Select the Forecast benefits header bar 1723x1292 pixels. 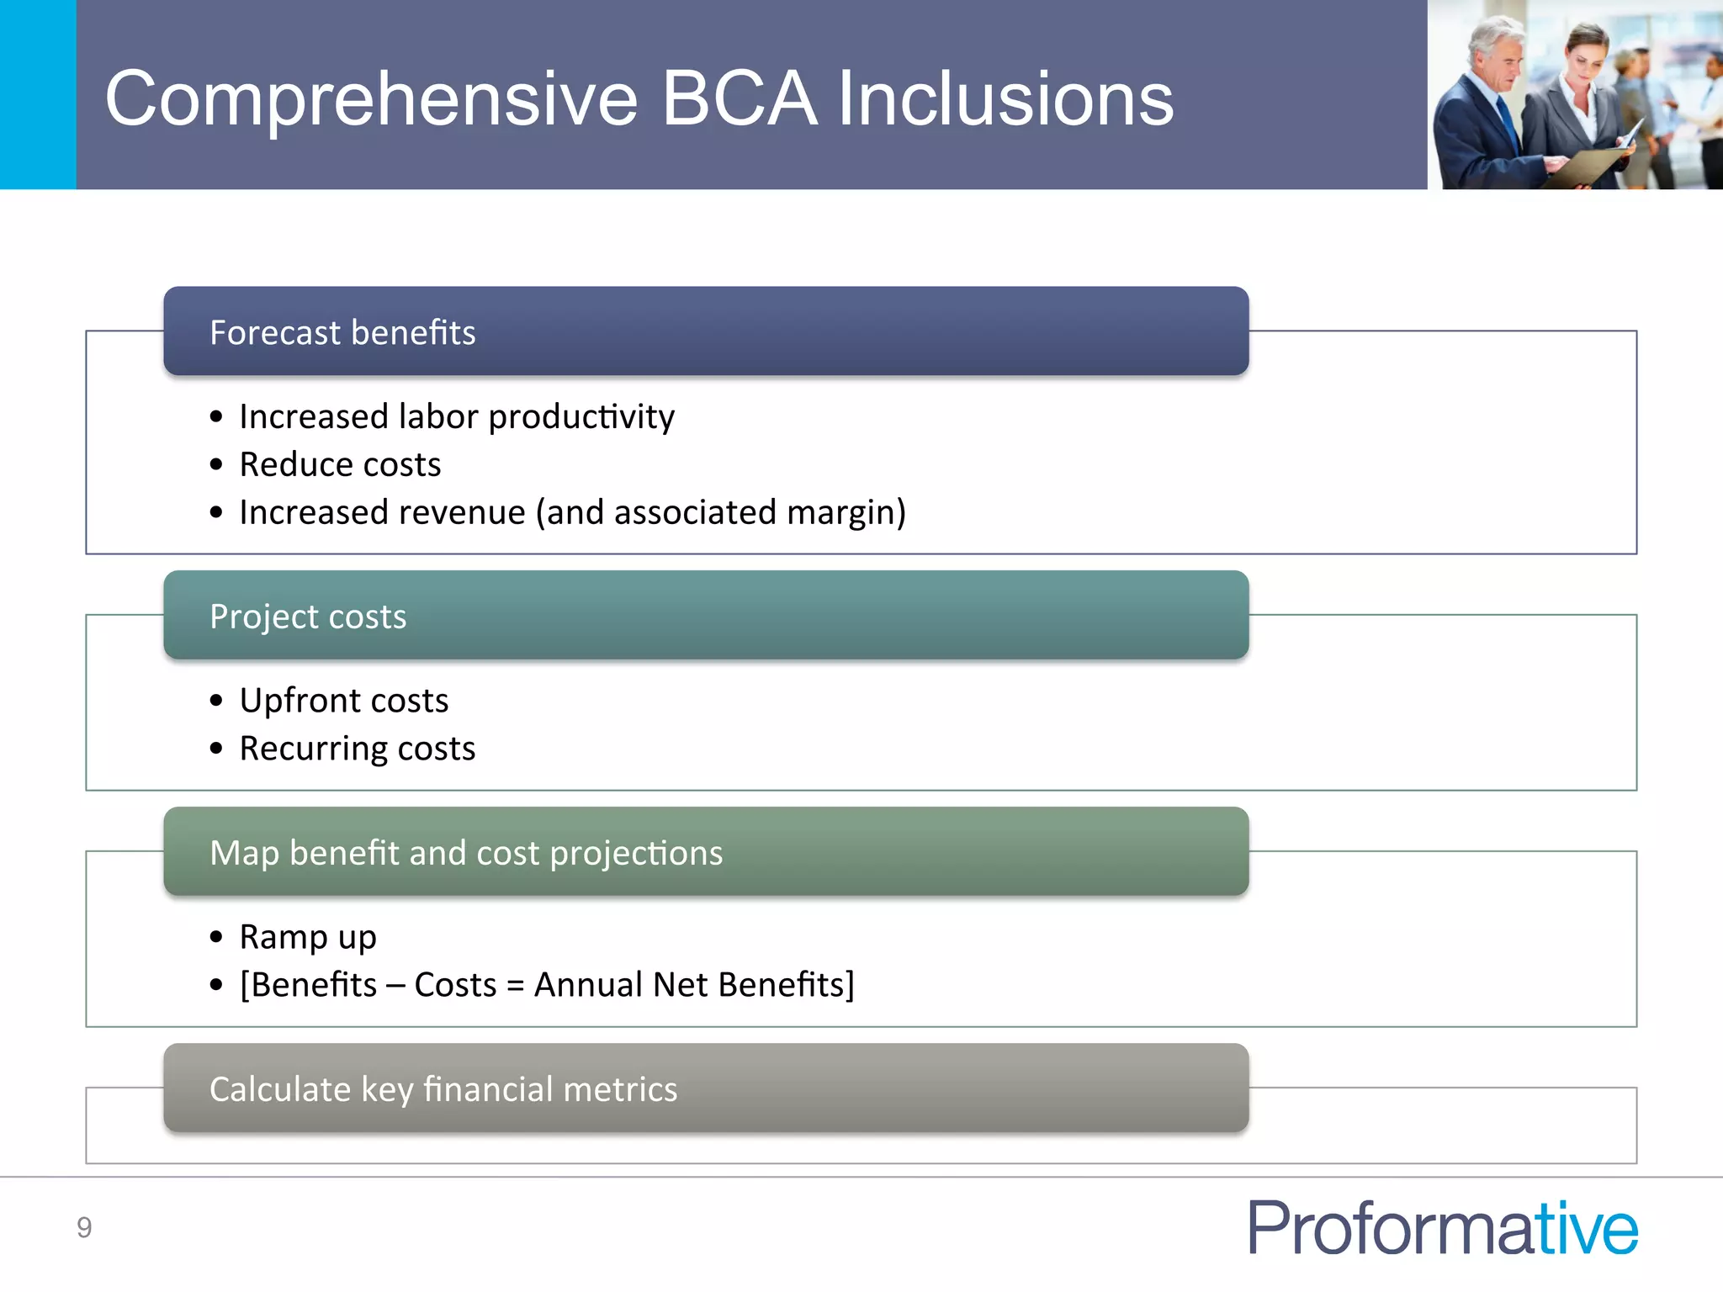pyautogui.click(x=705, y=331)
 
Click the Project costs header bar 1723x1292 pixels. pyautogui.click(x=705, y=616)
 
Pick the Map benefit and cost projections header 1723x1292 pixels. pyautogui.click(x=705, y=852)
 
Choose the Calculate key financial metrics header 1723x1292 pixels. pyautogui.click(x=705, y=1088)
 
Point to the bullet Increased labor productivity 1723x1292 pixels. pyautogui.click(x=456, y=417)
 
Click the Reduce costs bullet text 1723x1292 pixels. pyautogui.click(x=340, y=465)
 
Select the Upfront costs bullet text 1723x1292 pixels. pyautogui.click(x=343, y=701)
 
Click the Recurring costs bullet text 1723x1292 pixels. pyautogui.click(x=357, y=749)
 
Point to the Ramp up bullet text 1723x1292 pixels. pyautogui.click(x=307, y=937)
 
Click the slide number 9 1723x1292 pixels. pyautogui.click(x=84, y=1228)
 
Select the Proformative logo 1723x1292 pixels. pyautogui.click(x=1442, y=1228)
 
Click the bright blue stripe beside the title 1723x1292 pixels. pyautogui.click(x=38, y=94)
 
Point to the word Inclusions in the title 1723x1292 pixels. pyautogui.click(x=1005, y=99)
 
